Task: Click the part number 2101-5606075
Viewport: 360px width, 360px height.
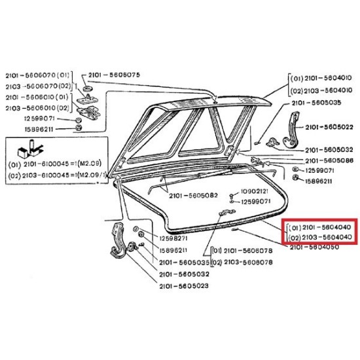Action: (x=114, y=75)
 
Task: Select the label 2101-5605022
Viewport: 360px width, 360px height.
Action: (x=329, y=127)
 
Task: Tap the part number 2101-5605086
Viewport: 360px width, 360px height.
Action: (x=329, y=160)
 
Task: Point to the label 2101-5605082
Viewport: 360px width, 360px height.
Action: (x=193, y=196)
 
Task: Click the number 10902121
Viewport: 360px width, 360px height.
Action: (x=255, y=191)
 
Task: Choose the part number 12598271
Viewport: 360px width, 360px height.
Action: (x=173, y=238)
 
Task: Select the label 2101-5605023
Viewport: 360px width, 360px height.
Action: (x=184, y=286)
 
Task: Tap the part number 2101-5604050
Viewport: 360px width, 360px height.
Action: (x=314, y=247)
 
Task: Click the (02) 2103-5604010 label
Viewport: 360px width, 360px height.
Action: (x=321, y=91)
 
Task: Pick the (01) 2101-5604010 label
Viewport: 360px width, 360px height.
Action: (x=321, y=79)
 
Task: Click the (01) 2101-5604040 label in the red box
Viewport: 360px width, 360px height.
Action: (x=320, y=228)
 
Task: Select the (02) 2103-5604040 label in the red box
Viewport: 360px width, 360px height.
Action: (x=320, y=238)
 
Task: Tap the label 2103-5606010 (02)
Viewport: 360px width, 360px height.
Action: (x=37, y=108)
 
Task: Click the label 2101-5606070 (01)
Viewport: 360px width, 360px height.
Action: (x=37, y=75)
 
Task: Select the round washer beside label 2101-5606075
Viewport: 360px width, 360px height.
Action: (x=86, y=88)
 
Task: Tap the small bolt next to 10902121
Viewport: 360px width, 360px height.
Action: (x=231, y=196)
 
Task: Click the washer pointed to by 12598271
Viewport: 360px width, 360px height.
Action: (x=135, y=229)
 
